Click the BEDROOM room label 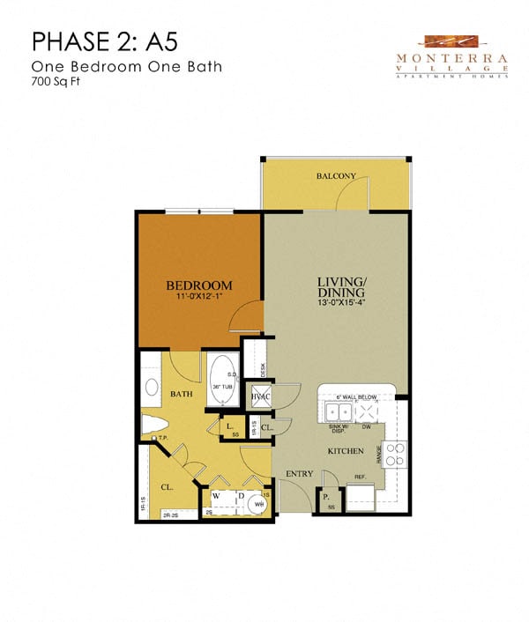pos(199,285)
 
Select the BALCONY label pos(335,176)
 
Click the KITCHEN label pos(346,450)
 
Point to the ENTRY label pos(300,474)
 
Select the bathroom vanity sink pos(150,387)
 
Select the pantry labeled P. pos(324,497)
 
